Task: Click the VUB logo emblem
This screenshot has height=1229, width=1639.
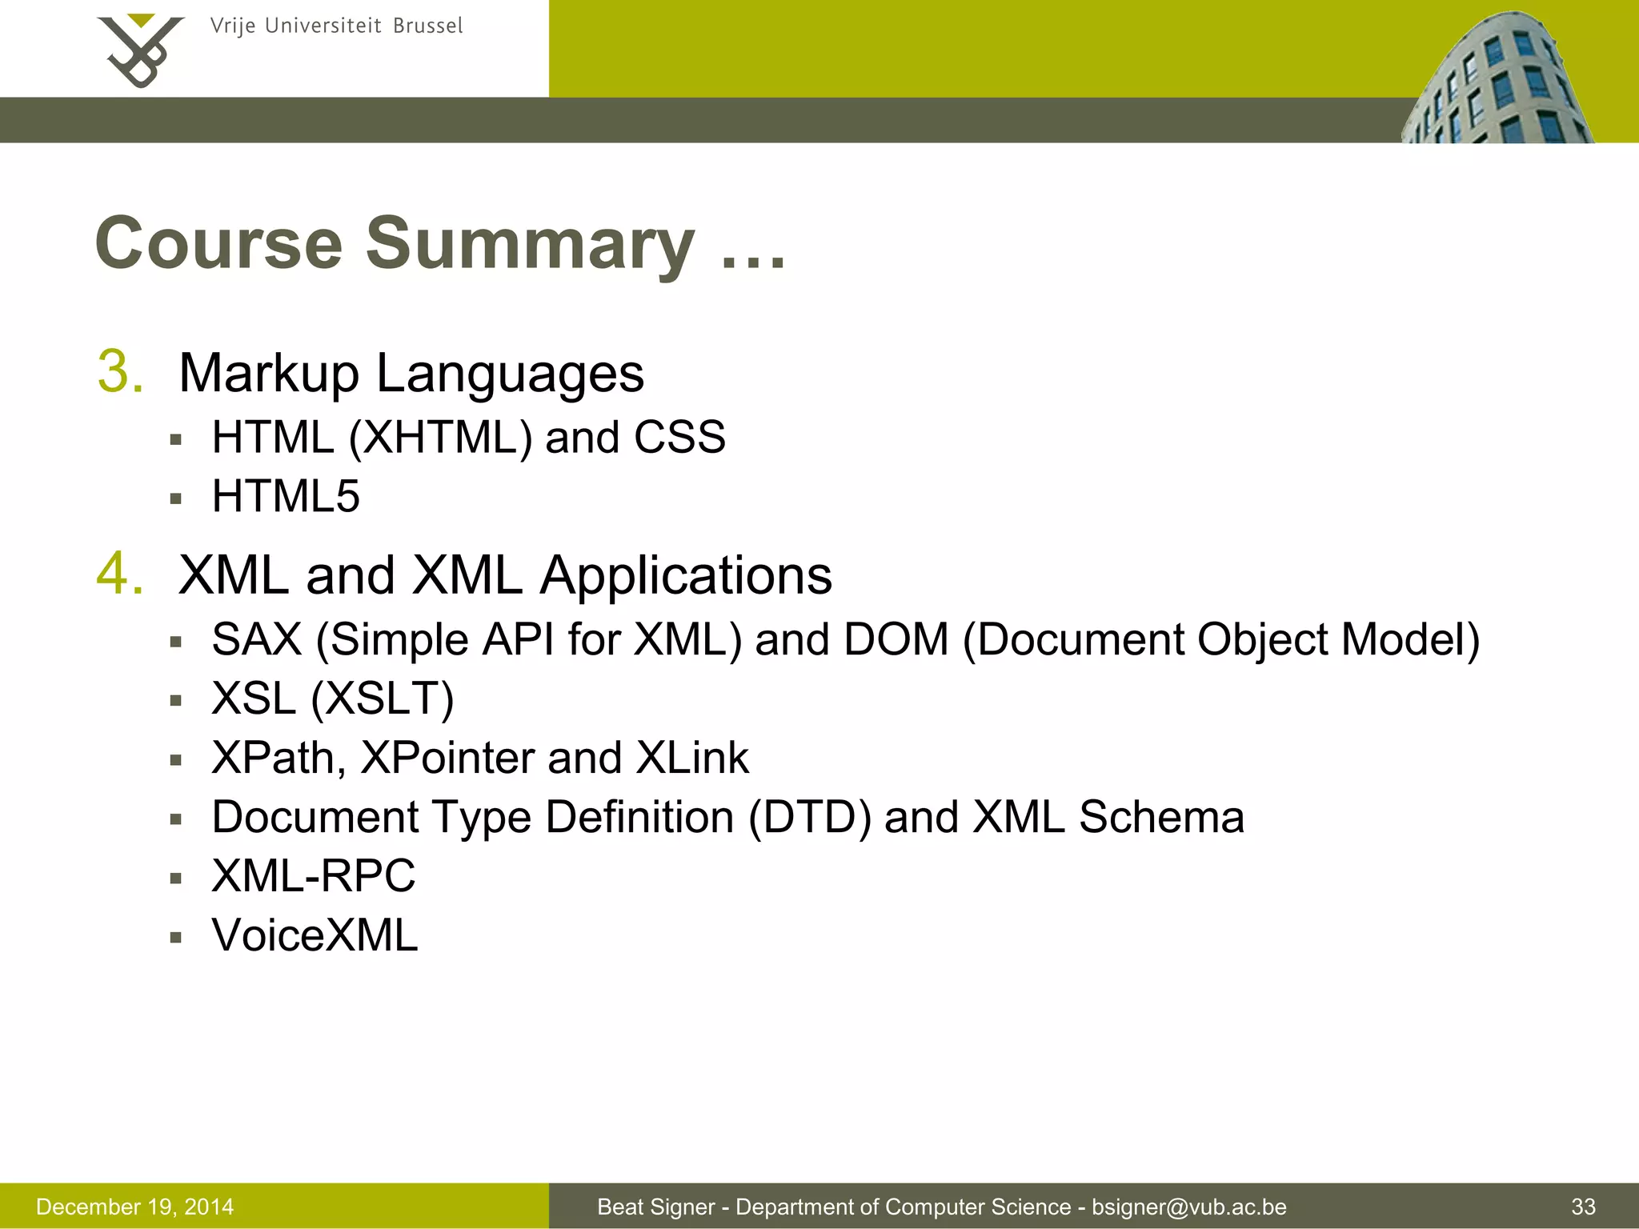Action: pyautogui.click(x=141, y=50)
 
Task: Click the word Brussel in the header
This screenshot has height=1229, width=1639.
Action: pyautogui.click(x=427, y=26)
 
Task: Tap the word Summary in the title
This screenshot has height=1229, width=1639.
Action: pyautogui.click(x=530, y=243)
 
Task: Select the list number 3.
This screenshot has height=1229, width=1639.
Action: pyautogui.click(x=120, y=372)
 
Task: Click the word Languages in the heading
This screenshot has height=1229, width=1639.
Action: pyautogui.click(x=510, y=374)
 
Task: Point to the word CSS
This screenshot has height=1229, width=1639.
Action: pyautogui.click(x=679, y=438)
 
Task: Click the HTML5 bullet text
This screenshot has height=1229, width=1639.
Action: pyautogui.click(x=286, y=496)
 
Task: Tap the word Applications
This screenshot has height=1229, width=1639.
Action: pyautogui.click(x=686, y=575)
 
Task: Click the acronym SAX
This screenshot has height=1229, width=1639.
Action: pyautogui.click(x=257, y=639)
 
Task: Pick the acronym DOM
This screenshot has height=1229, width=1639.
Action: pyautogui.click(x=896, y=639)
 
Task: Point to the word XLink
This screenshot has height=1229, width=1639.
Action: pyautogui.click(x=692, y=758)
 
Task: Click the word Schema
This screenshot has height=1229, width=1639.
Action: pyautogui.click(x=1161, y=817)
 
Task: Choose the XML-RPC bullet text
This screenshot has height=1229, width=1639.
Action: pyautogui.click(x=314, y=875)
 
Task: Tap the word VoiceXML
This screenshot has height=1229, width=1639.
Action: pyautogui.click(x=315, y=935)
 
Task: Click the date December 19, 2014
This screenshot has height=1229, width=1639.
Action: pyautogui.click(x=135, y=1207)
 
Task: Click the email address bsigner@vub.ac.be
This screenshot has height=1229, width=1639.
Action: pyautogui.click(x=1189, y=1207)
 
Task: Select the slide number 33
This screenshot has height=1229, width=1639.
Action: pyautogui.click(x=1583, y=1207)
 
